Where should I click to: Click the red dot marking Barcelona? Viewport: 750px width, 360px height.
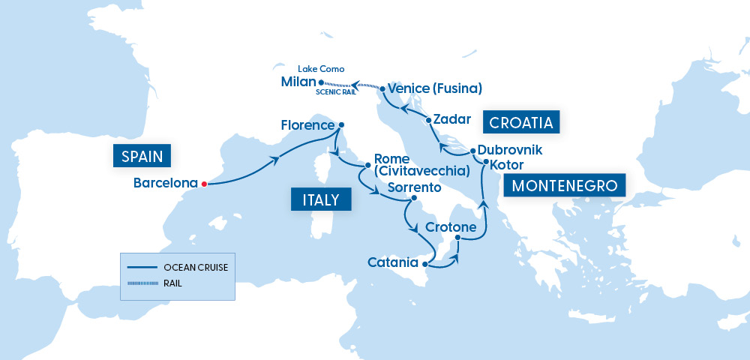(204, 183)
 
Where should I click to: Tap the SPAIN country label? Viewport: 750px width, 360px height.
(142, 156)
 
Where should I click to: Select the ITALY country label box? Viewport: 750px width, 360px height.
(315, 199)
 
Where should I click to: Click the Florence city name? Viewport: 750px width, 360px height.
(307, 125)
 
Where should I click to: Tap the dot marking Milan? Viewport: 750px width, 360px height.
(321, 82)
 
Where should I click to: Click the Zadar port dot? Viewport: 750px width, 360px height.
(428, 120)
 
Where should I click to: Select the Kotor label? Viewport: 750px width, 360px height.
(506, 164)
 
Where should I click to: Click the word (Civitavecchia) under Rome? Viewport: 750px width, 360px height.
(424, 172)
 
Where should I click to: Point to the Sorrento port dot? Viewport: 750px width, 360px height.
(413, 199)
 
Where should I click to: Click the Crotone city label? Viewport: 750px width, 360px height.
(451, 227)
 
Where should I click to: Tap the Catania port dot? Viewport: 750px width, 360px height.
(425, 264)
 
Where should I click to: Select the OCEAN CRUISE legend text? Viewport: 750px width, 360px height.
(196, 267)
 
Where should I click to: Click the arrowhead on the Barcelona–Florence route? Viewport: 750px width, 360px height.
(277, 158)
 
